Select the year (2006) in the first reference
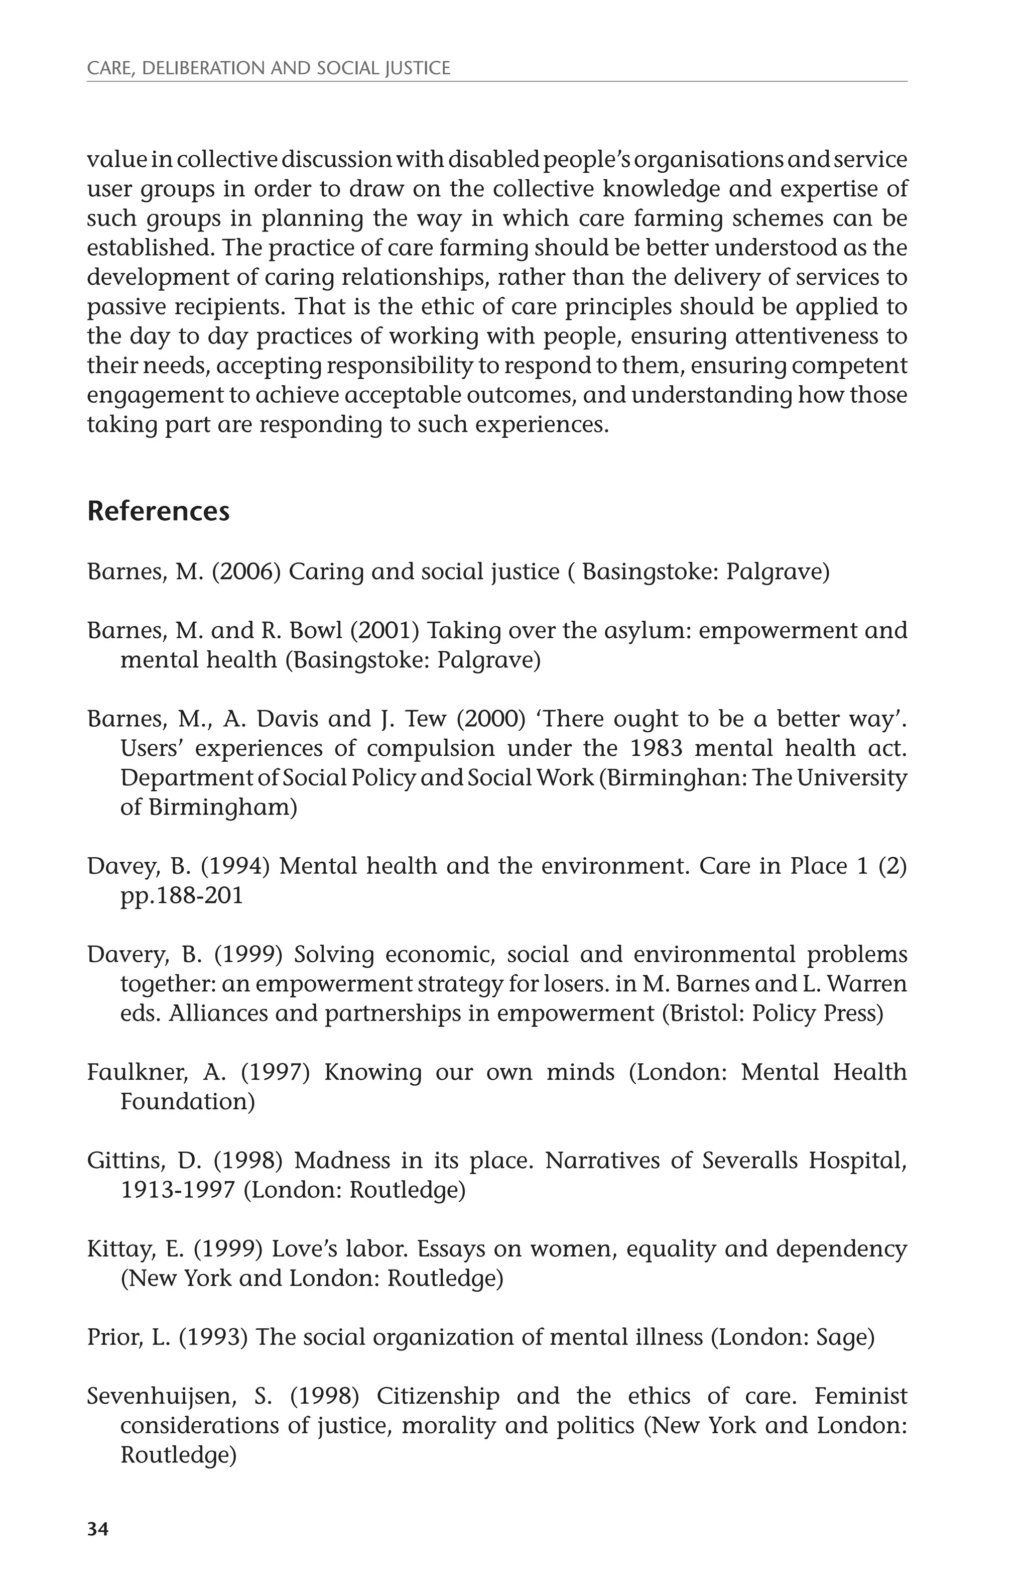(245, 573)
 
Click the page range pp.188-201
(182, 895)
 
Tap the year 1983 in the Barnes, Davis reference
(656, 749)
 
